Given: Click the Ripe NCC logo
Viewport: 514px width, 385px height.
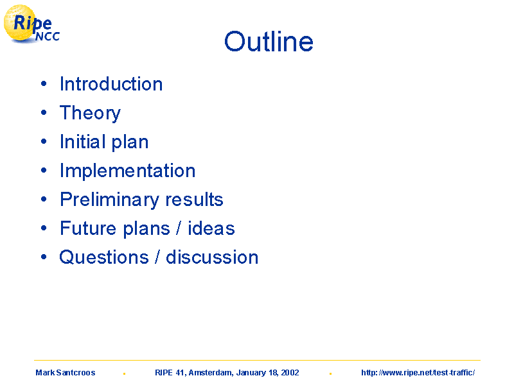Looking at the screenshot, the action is [31, 24].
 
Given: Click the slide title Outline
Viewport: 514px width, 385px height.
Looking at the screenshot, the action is [269, 42].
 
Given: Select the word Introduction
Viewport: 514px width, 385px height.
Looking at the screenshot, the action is [111, 84].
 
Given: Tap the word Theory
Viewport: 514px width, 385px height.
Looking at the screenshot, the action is [90, 114].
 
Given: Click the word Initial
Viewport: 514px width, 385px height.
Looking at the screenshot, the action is [84, 141].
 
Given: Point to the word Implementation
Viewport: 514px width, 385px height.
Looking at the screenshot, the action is [127, 171].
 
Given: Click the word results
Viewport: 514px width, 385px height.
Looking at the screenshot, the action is [195, 200].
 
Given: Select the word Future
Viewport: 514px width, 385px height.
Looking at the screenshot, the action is [88, 228].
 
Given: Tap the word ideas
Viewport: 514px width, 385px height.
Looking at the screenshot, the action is [211, 228].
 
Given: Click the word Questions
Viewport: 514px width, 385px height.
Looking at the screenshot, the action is [104, 257].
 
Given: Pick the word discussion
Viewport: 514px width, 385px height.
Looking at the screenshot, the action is [212, 257].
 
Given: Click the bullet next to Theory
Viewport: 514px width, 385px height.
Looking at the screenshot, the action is [44, 113].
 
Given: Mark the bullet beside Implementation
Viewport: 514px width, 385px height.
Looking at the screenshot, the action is [44, 170].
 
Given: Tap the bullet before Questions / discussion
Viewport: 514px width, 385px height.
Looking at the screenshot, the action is [44, 257].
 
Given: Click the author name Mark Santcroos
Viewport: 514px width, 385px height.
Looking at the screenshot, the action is [66, 373].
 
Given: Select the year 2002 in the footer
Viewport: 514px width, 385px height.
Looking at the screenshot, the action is [290, 373].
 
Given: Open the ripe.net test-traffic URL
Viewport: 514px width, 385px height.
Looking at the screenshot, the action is [418, 373].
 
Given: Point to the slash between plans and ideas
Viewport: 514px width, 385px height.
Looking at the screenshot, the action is [179, 228].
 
